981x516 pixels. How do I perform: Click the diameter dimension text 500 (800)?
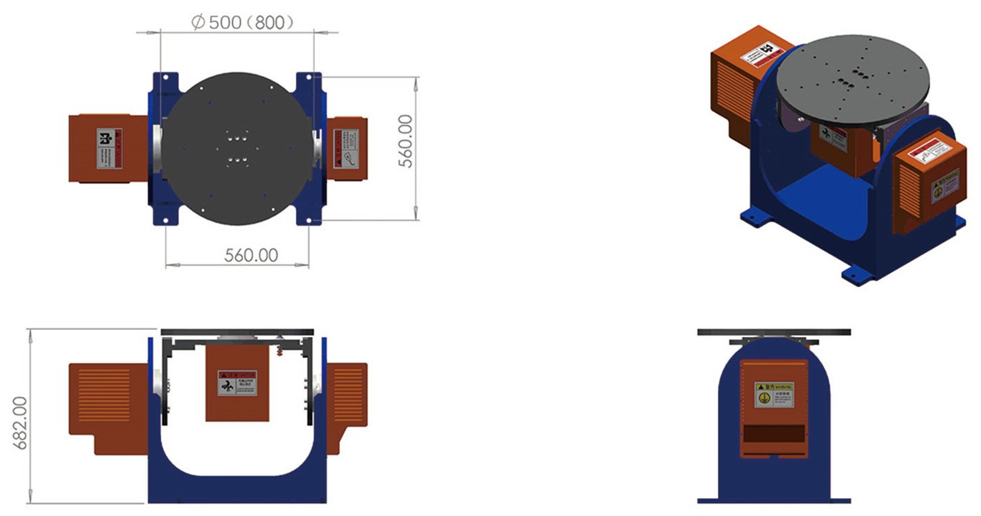click(242, 22)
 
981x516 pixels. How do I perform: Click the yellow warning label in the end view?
click(773, 395)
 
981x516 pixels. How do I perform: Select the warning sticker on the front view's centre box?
click(237, 383)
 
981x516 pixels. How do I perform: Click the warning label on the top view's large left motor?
click(109, 149)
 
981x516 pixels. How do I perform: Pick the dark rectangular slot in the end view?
click(773, 434)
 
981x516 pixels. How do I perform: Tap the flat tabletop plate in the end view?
click(773, 332)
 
